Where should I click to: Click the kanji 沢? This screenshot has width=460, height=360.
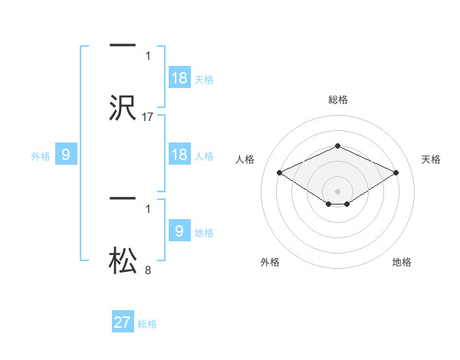123,108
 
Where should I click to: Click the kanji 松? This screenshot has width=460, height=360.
123,261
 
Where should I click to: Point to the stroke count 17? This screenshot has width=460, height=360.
148,116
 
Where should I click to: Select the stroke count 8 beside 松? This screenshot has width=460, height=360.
148,270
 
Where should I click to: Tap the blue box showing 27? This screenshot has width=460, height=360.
123,322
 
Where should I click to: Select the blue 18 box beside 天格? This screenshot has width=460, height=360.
179,78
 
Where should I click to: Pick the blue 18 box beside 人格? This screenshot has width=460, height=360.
179,155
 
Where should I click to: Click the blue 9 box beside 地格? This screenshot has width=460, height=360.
179,231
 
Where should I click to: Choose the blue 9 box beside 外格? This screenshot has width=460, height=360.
66,155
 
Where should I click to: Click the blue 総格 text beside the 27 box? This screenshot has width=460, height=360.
147,324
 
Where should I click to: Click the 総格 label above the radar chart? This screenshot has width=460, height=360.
337,100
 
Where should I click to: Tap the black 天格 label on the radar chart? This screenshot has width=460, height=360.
431,159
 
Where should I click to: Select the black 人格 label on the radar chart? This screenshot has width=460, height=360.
245,159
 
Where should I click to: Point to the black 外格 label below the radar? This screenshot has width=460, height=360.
270,262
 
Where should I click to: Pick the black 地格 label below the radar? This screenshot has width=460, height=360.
402,262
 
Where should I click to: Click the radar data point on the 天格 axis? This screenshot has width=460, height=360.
396,172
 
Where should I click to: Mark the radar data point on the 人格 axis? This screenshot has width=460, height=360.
279,172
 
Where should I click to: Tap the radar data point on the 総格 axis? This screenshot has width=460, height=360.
337,146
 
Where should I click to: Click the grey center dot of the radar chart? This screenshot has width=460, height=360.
337,191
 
